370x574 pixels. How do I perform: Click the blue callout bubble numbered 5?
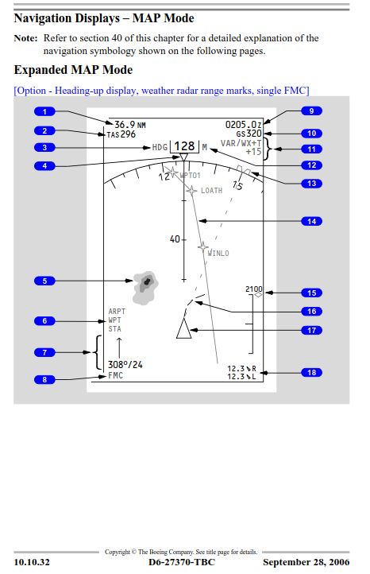[44, 281]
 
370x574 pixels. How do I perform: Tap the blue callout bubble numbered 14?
[311, 221]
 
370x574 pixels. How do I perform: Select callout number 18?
[311, 373]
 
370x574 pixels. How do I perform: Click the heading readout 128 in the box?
[184, 146]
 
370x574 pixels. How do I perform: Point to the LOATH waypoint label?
[211, 190]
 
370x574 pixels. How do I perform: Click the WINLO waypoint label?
[218, 254]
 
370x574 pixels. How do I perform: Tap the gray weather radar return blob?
[145, 288]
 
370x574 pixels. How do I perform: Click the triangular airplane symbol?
[184, 328]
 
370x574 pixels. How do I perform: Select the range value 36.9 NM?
[130, 125]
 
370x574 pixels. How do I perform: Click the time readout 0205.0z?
[244, 125]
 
